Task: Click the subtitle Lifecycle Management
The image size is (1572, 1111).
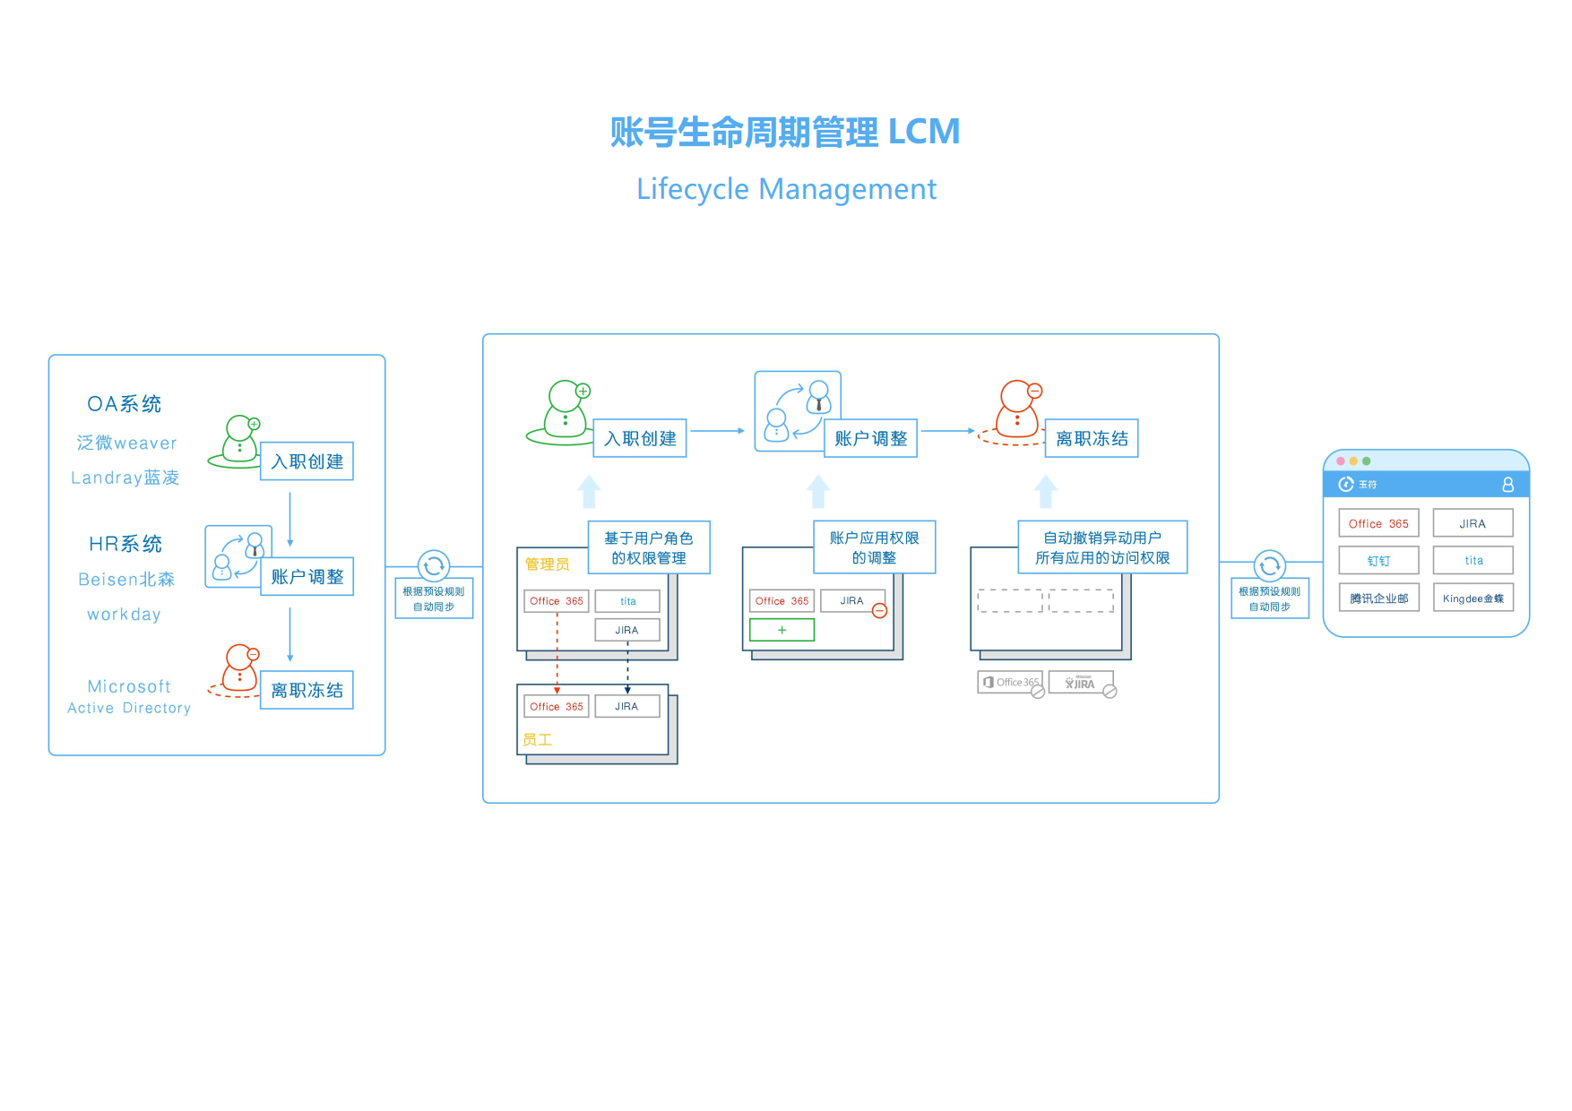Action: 786,189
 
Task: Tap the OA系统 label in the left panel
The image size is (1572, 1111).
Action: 125,404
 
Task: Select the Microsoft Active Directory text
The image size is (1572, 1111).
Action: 129,696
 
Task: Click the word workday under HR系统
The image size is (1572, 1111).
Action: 124,615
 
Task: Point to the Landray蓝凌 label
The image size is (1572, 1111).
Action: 125,478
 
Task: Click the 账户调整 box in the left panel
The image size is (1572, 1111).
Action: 307,577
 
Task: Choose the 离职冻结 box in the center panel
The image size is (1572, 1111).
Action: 1092,439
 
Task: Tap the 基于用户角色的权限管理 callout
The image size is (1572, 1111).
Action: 649,547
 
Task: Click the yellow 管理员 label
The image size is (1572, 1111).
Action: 547,564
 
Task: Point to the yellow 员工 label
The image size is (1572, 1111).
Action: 538,740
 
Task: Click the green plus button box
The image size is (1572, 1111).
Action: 782,630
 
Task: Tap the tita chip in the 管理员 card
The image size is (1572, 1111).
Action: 627,601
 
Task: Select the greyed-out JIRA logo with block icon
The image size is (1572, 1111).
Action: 1082,684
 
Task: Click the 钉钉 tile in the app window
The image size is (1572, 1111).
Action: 1378,561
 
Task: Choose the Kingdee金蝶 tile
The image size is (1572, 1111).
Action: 1473,599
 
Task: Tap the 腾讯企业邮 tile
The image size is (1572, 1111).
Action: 1378,599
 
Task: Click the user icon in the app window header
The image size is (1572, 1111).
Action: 1508,485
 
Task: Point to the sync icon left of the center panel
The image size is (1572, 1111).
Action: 434,566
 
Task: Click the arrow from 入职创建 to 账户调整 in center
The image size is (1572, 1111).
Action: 718,431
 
